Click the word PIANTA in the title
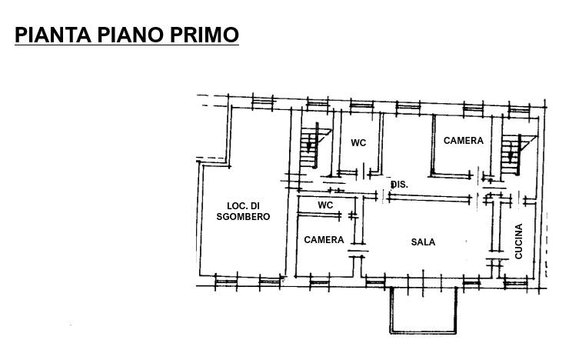pyautogui.click(x=53, y=35)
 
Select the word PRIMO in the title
pyautogui.click(x=205, y=35)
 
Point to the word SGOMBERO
pyautogui.click(x=243, y=216)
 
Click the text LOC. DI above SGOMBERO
pyautogui.click(x=243, y=206)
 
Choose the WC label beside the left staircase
pyautogui.click(x=358, y=143)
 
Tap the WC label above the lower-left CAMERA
pyautogui.click(x=325, y=205)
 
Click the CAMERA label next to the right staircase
pyautogui.click(x=464, y=141)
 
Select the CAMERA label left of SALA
pyautogui.click(x=324, y=240)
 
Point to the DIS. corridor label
pyautogui.click(x=400, y=185)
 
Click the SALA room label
pyautogui.click(x=423, y=242)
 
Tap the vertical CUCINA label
pyautogui.click(x=519, y=242)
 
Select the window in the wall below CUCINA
pyautogui.click(x=515, y=283)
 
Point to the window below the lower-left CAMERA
pyautogui.click(x=319, y=283)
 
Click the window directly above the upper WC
pyautogui.click(x=361, y=105)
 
